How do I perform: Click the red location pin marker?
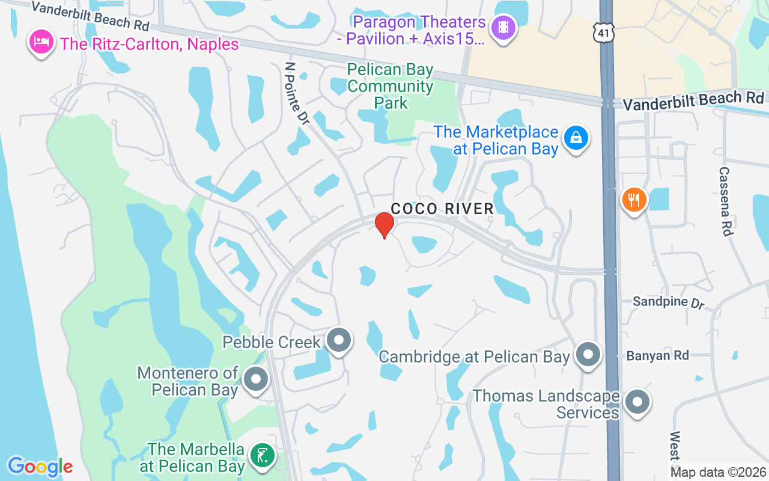click(384, 225)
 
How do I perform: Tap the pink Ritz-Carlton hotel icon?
click(41, 43)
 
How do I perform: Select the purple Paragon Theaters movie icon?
click(503, 28)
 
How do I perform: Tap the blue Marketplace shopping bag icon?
click(576, 138)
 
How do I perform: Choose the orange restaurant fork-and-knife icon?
click(633, 198)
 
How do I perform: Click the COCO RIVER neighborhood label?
click(442, 209)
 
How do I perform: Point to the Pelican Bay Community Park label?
click(391, 87)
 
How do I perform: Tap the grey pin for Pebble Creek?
click(339, 340)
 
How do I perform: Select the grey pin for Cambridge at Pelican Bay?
click(588, 355)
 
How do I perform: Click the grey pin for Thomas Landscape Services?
click(637, 402)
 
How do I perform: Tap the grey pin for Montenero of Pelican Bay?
click(257, 380)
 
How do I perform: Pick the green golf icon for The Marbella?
click(261, 455)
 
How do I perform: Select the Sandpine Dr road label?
click(668, 301)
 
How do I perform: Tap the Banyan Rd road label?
click(657, 356)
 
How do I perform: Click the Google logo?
click(40, 467)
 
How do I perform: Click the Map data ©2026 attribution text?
click(718, 473)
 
